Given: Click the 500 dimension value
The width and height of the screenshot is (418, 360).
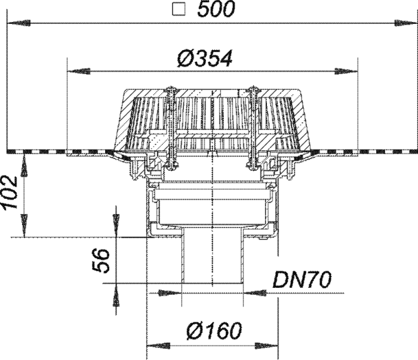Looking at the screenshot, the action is pyautogui.click(x=216, y=9).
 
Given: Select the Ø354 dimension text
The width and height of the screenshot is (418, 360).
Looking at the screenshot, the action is pyautogui.click(x=205, y=58).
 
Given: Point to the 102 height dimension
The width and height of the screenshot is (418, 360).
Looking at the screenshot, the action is pyautogui.click(x=10, y=192).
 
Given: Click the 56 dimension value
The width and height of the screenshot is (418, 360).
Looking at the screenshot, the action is pyautogui.click(x=101, y=261).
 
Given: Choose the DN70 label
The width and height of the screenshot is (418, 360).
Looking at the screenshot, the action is pyautogui.click(x=302, y=280).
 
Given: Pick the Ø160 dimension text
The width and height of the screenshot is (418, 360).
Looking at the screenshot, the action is pyautogui.click(x=214, y=331).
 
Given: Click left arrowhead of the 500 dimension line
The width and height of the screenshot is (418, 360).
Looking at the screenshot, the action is pyautogui.click(x=19, y=23).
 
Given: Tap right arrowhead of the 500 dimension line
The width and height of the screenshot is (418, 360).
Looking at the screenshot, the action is pyautogui.click(x=405, y=23).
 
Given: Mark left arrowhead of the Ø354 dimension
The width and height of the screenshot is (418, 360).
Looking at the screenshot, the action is pyautogui.click(x=79, y=72).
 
